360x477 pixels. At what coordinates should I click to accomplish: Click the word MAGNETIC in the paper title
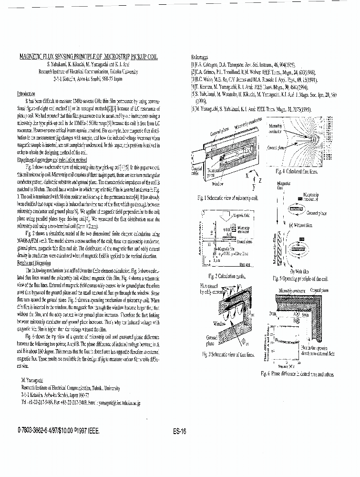click(x=31, y=56)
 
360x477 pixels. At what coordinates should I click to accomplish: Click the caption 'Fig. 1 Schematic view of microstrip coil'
click(x=227, y=197)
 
